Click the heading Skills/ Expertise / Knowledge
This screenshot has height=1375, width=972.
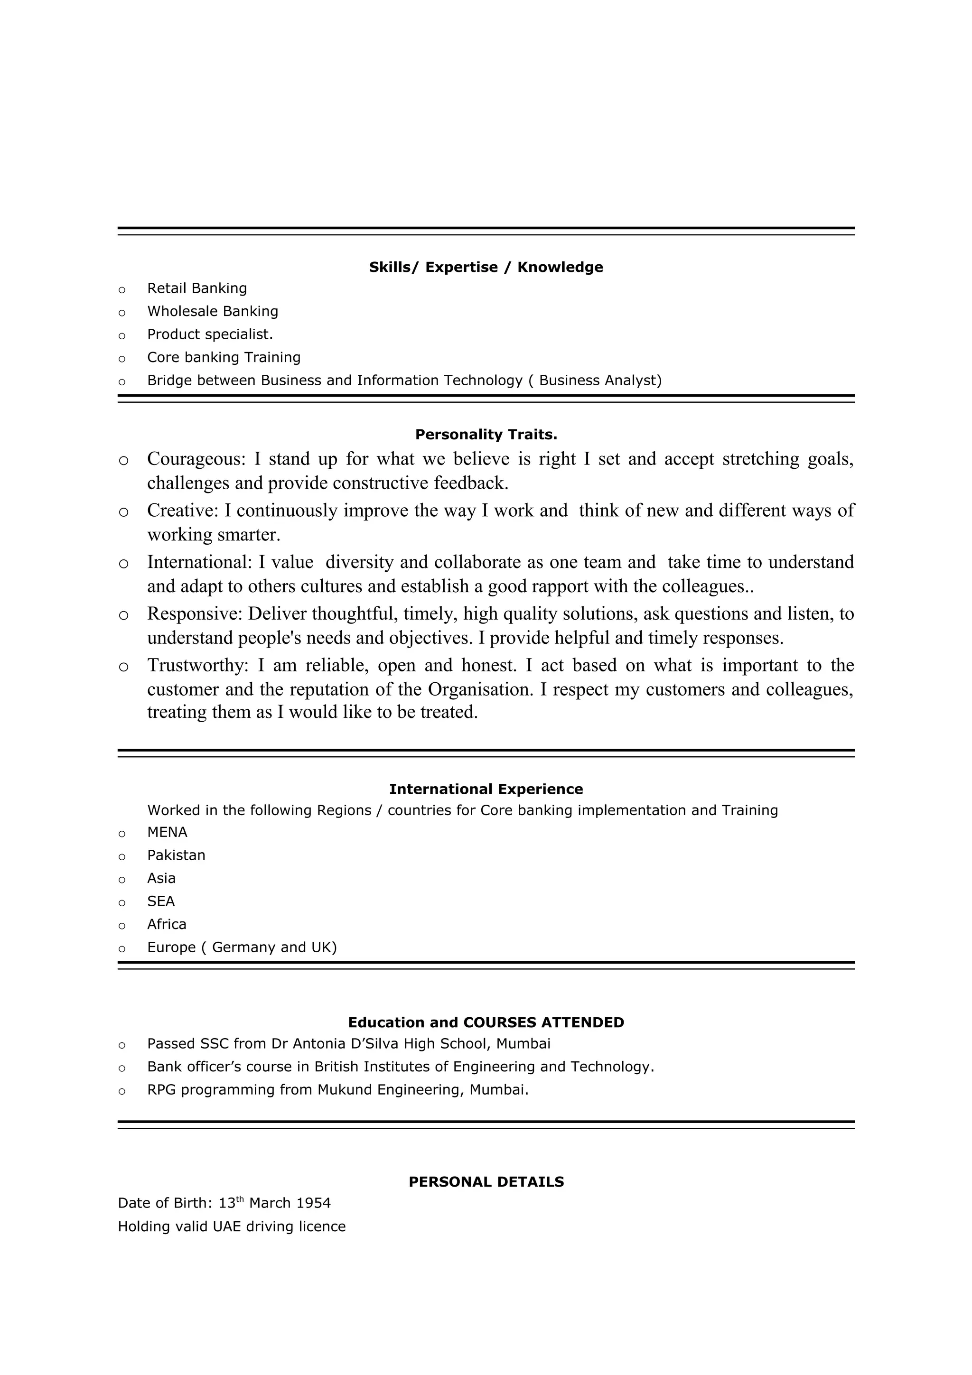[486, 267]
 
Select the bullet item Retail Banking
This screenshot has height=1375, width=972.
[196, 288]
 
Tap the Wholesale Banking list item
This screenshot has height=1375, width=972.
[213, 311]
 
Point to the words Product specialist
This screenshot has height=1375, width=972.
[210, 334]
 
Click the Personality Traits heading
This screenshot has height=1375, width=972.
[486, 434]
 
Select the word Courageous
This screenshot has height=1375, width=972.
[195, 459]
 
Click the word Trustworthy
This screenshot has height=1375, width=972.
[196, 665]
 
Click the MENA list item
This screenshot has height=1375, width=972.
[167, 832]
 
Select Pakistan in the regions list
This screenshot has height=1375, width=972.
[176, 855]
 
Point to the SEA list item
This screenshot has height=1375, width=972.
[160, 901]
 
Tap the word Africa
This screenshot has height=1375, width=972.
[167, 924]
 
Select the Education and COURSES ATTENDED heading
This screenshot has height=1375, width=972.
[486, 1022]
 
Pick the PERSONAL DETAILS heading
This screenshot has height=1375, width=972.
[486, 1181]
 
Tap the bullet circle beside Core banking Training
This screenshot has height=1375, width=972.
[122, 359]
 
